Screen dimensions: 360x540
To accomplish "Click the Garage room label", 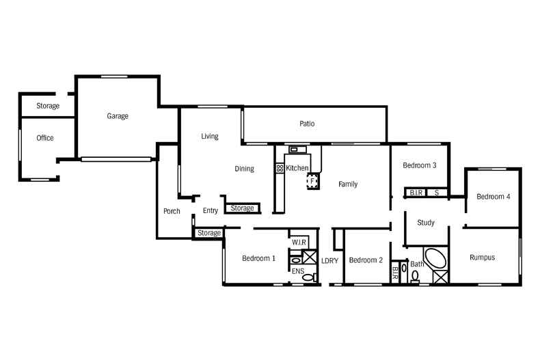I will coord(118,116).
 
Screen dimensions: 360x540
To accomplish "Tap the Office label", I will coord(45,138).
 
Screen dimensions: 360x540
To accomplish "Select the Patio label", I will coord(307,124).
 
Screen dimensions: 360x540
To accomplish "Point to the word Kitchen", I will coord(297,168).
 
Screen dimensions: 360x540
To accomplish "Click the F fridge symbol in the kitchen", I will coord(312,181).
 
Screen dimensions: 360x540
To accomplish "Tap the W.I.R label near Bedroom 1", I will coord(299,243).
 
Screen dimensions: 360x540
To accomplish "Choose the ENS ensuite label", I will coord(298,271).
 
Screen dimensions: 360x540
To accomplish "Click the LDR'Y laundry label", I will coord(330,260).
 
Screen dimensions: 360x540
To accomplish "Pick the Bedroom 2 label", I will coord(366,260).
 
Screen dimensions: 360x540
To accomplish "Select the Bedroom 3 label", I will coord(420,165).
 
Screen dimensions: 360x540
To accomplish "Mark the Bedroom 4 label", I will coord(494,197).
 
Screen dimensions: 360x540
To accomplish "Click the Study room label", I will coord(426,223).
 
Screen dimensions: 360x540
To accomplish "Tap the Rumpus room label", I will coord(482,258).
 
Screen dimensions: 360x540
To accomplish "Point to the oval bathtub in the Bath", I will coord(435,260).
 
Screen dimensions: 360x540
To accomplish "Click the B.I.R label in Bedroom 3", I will coord(416,193).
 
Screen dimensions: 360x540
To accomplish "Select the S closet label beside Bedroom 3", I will coord(437,193).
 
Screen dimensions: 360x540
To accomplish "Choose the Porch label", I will coord(172,211).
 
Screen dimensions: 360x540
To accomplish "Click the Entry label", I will coord(211,210).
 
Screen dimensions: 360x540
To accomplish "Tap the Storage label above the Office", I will coord(48,106).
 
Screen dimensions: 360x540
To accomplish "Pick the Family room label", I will coord(348,184).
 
